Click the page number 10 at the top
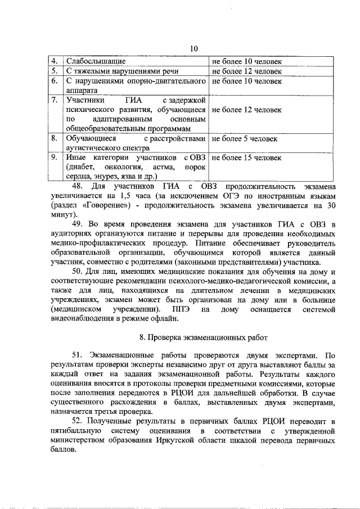tap(193, 49)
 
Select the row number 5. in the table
tap(55, 71)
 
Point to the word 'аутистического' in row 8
tap(93, 148)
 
